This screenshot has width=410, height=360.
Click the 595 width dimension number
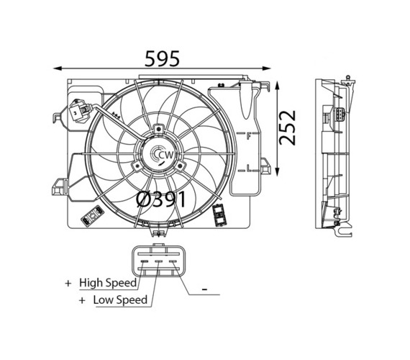click(162, 58)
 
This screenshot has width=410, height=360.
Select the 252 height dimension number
click(288, 127)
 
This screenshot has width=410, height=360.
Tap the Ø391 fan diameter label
click(161, 199)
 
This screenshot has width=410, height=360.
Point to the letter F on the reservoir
click(249, 136)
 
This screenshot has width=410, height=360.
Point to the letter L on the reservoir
click(249, 168)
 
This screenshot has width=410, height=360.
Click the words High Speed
click(108, 283)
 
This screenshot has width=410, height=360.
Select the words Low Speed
click(120, 300)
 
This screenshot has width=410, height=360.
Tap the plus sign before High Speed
click(68, 283)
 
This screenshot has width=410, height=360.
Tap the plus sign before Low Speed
click(82, 300)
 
